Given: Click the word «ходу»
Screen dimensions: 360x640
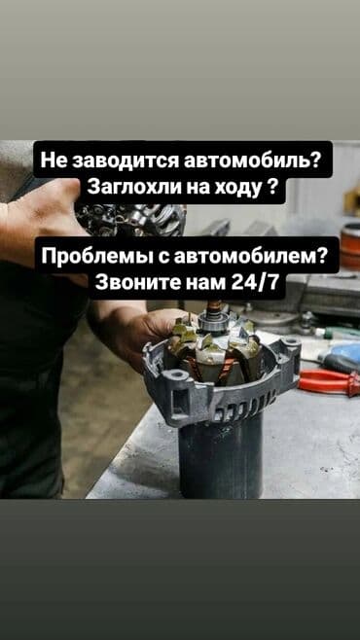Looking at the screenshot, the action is click(234, 187).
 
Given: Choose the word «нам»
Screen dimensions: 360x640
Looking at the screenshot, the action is click(205, 283).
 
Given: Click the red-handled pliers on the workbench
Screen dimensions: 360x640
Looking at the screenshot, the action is click(329, 382).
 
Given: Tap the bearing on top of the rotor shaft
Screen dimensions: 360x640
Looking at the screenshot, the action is click(211, 322).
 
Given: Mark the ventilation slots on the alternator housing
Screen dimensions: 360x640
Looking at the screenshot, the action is click(245, 407).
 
